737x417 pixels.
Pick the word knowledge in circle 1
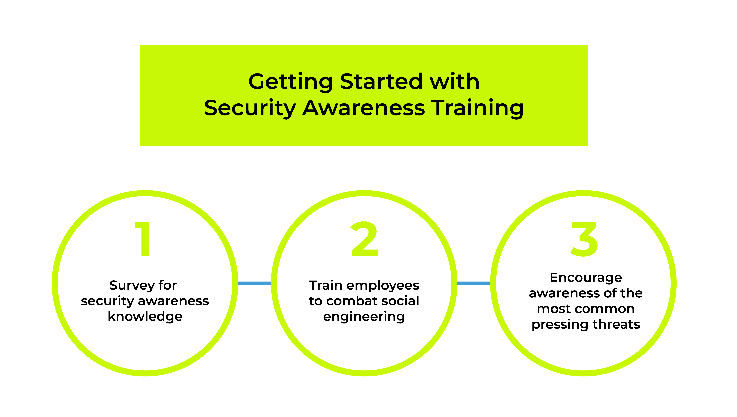[x=145, y=317]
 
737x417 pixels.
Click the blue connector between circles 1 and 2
[x=255, y=283]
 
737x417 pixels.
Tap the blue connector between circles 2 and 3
[x=474, y=283]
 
